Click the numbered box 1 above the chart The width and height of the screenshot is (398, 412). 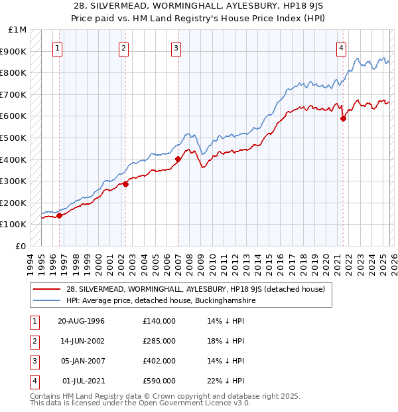coord(58,47)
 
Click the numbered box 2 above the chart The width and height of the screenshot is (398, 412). coord(124,47)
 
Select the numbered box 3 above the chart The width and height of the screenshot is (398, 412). coord(176,47)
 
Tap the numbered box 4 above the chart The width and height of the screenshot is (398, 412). coord(341,47)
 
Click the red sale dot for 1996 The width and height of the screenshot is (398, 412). coord(59,215)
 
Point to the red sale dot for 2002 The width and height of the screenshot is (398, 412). coord(125,184)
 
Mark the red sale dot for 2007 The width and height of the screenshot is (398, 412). coord(178,159)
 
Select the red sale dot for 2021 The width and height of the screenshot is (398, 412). coord(343,119)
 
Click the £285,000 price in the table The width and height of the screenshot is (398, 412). coord(159,341)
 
